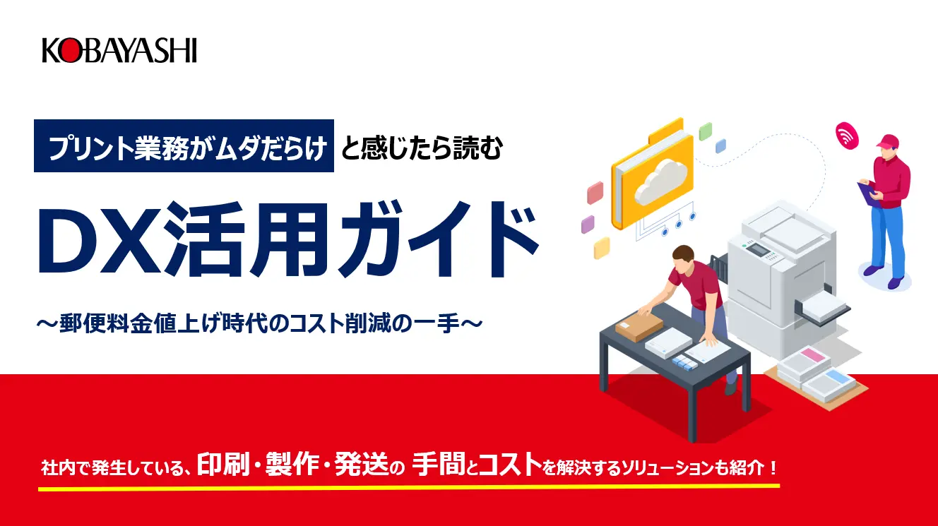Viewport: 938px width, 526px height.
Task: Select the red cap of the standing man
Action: point(887,141)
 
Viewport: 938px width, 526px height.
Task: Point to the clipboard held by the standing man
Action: point(868,193)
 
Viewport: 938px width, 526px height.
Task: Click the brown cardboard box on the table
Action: point(639,327)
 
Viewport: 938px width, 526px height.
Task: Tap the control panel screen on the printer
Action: point(758,251)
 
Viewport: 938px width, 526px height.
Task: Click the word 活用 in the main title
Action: point(247,240)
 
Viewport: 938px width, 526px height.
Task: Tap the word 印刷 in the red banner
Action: point(224,465)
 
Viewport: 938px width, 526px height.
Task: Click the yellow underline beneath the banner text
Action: point(409,487)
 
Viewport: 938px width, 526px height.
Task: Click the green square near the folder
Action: point(705,131)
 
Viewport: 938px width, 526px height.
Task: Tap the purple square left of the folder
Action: point(588,225)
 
